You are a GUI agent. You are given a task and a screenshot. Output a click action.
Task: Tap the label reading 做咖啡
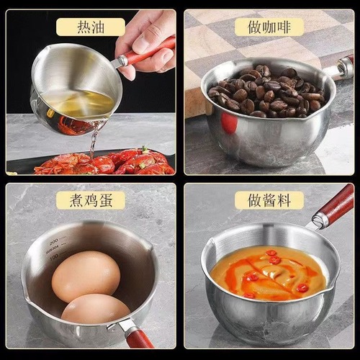[270, 27]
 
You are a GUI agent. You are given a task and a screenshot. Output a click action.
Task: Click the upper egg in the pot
[86, 276]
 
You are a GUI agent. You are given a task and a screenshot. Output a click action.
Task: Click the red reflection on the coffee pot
[229, 122]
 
